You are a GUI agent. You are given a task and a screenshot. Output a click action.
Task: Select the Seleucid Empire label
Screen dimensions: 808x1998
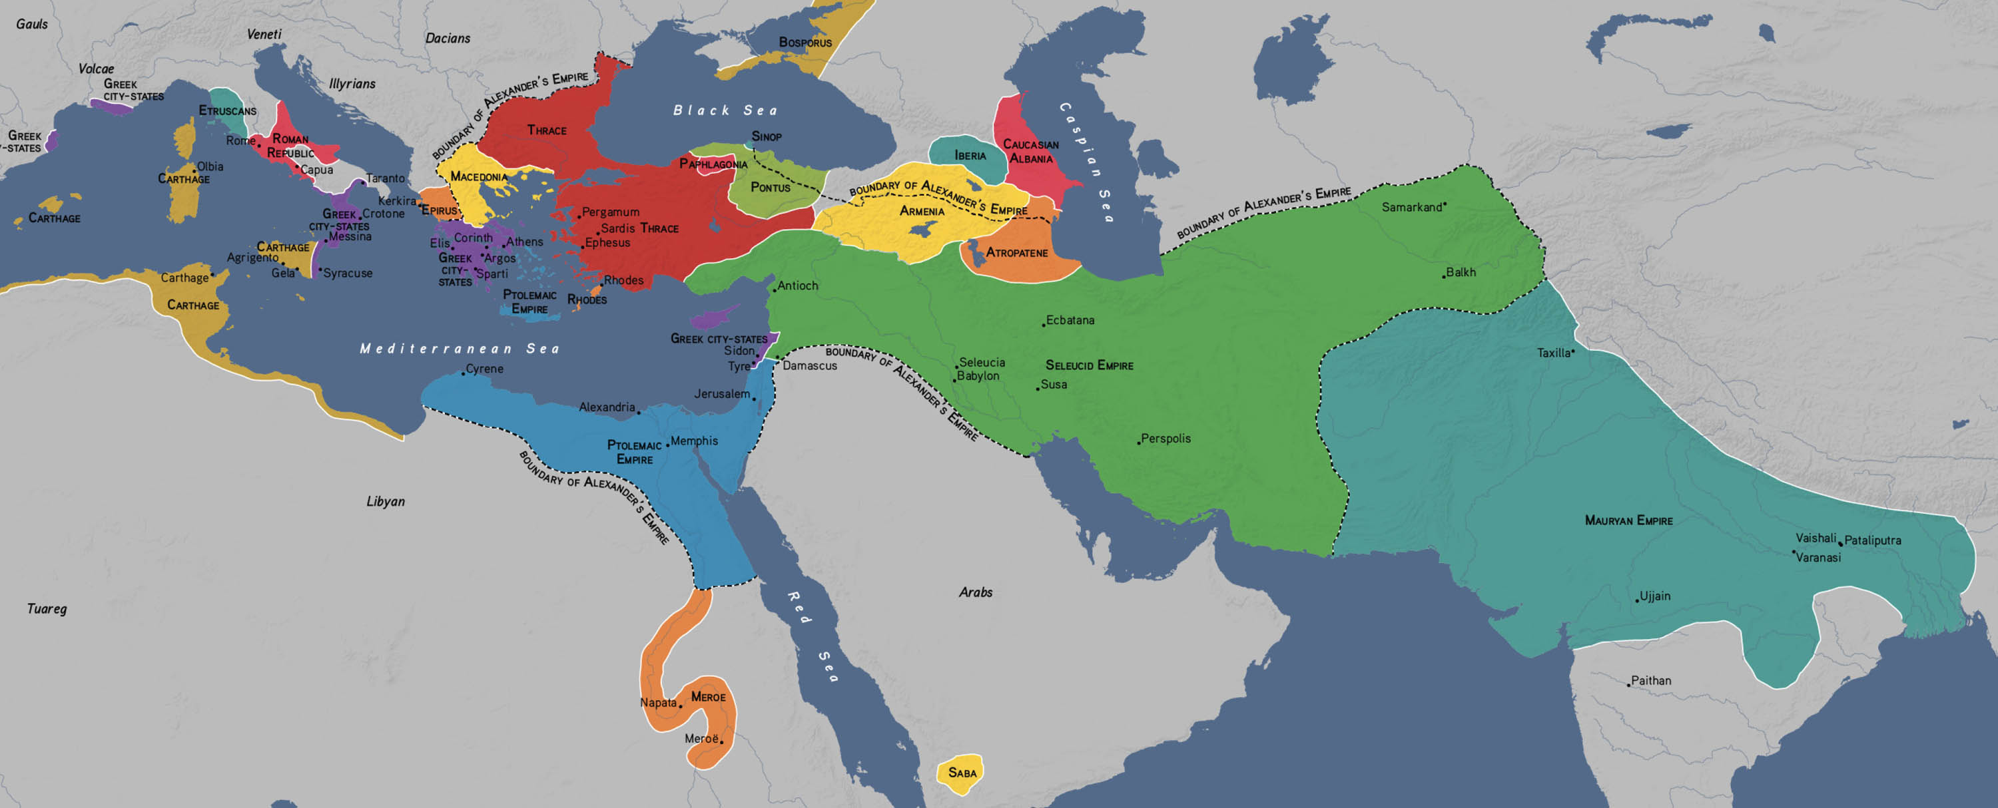(x=1088, y=365)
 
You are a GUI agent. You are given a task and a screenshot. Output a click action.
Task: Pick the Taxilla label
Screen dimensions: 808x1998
(x=1553, y=353)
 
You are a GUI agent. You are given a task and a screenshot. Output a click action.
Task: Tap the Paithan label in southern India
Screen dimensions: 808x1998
(x=1650, y=680)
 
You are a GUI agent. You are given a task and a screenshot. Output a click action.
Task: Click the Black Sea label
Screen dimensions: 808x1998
(x=725, y=110)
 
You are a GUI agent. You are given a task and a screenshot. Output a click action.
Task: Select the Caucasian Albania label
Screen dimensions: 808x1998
(x=1030, y=151)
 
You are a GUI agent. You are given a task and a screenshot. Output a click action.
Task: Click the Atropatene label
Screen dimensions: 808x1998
(x=1016, y=253)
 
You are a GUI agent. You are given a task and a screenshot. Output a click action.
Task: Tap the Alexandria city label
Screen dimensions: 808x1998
(x=607, y=407)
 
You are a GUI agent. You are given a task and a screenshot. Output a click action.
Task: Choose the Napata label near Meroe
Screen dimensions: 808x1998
(x=658, y=703)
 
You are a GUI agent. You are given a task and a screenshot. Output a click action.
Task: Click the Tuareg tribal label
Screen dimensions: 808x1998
(x=47, y=609)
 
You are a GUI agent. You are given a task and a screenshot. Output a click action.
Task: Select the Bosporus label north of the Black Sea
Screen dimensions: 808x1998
(x=805, y=43)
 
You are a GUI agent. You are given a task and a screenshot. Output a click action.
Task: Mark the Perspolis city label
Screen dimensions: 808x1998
(x=1165, y=438)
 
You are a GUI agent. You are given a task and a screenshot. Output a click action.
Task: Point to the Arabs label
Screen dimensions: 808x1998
(x=975, y=592)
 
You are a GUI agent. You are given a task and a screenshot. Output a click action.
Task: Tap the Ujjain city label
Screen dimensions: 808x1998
(x=1654, y=596)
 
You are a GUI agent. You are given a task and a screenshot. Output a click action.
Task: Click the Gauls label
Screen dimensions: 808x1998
(x=32, y=24)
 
